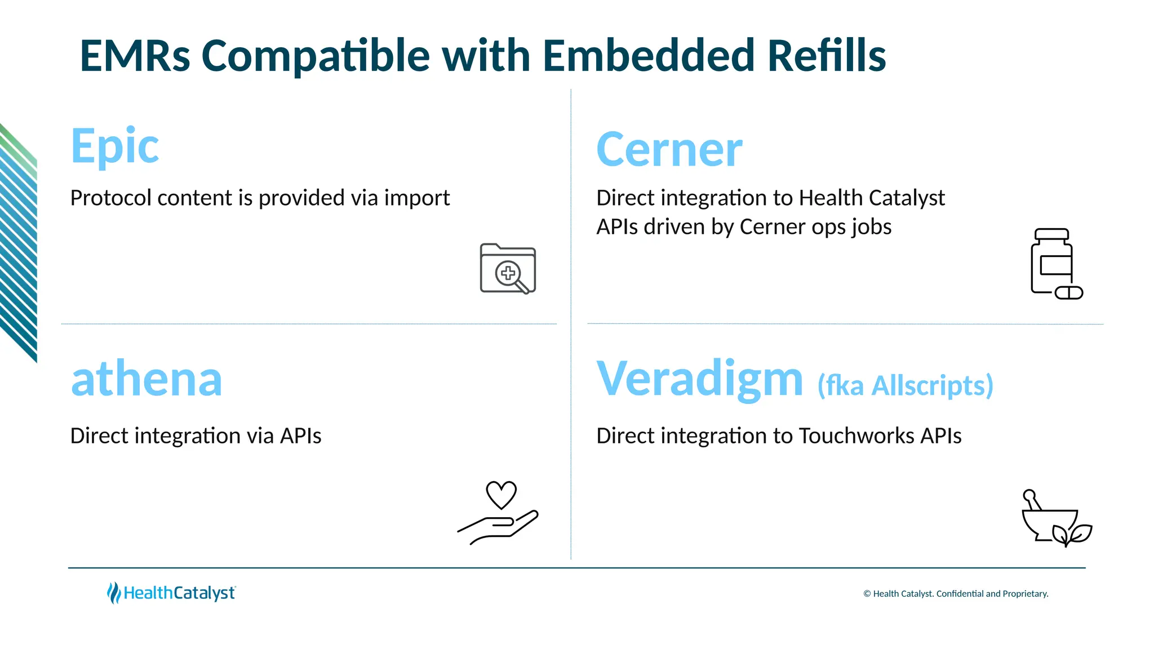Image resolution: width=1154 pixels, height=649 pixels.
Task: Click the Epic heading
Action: point(114,146)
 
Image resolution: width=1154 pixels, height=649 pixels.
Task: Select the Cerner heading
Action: point(669,150)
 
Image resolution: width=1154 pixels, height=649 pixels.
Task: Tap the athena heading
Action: point(147,379)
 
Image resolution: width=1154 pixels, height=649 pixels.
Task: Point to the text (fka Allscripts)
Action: point(905,386)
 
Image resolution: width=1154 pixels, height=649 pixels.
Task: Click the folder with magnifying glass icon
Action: point(508,269)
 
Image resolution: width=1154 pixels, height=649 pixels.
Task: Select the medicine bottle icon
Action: point(1051,260)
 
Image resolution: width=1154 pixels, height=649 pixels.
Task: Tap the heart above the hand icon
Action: point(501,495)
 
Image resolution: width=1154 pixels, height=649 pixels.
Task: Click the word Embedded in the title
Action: point(648,56)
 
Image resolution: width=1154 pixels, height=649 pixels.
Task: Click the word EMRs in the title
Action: point(135,56)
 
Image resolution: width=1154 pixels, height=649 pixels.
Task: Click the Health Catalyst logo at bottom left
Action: point(171,593)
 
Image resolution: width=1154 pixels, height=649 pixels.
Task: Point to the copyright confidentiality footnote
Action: point(956,594)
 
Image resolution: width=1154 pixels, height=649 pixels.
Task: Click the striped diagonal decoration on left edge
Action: point(18,242)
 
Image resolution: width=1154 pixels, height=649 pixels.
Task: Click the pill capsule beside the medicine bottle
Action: point(1068,293)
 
